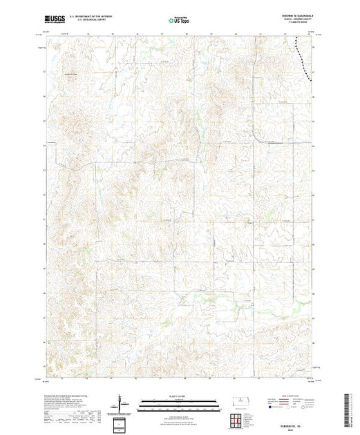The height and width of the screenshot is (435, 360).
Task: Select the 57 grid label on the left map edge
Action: (44, 70)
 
